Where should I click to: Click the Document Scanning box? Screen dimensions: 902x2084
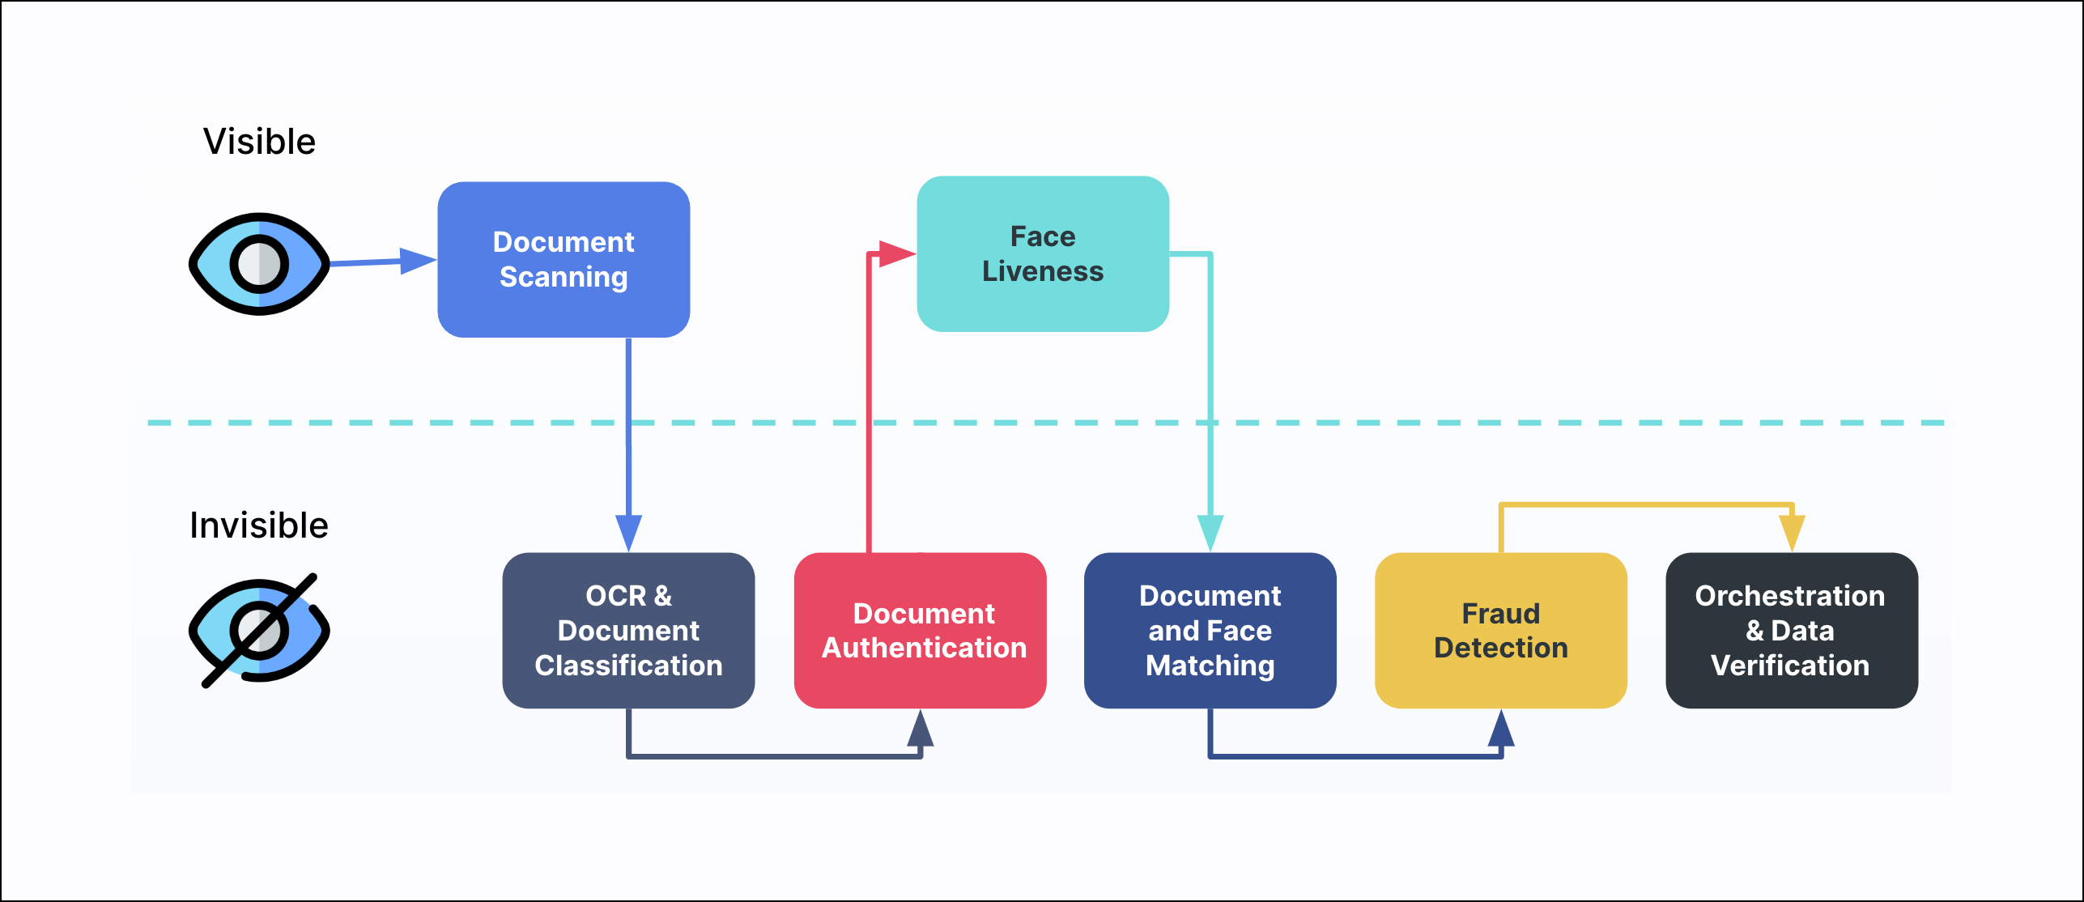564,259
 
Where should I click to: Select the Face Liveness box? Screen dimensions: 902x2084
1043,253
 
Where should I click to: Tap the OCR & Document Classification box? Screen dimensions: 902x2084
628,630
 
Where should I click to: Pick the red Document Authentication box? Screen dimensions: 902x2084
921,630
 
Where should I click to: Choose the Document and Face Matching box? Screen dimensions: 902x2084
1210,630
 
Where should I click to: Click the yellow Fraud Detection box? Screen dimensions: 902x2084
1500,630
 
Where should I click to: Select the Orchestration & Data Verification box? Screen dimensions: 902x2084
1791,630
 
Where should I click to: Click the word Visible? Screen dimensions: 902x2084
259,142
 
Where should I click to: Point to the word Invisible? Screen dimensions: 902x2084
259,525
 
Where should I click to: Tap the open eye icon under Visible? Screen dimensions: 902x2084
259,264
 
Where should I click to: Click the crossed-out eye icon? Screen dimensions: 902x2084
259,631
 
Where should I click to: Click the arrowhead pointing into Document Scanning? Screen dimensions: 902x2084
418,261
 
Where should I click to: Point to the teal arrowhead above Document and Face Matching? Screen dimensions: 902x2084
1210,533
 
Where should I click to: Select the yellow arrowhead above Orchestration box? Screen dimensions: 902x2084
1792,533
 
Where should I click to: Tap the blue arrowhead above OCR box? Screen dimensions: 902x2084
628,533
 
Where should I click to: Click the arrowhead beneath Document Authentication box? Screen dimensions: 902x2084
921,728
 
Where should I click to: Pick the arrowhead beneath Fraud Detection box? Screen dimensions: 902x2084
1501,728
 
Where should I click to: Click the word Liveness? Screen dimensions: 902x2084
1043,271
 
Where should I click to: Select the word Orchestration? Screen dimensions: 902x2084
1790,596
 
